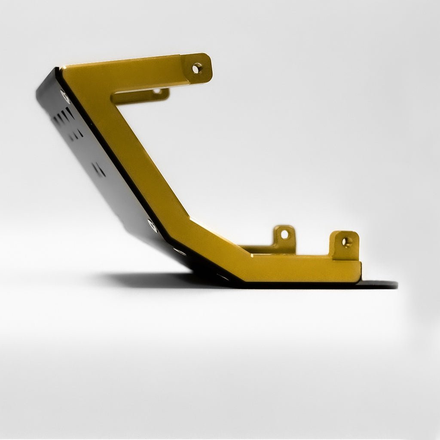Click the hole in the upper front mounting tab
[x=196, y=68]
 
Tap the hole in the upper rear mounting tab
[x=157, y=91]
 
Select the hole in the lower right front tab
[x=346, y=242]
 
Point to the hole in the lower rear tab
[x=284, y=235]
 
